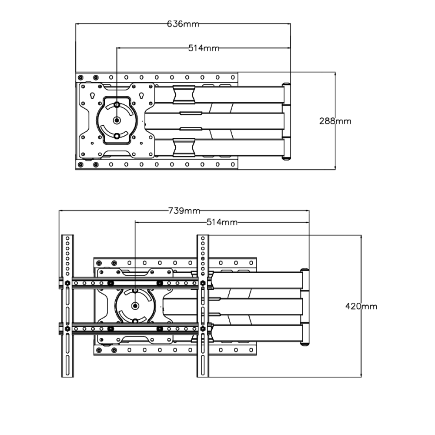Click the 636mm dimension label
coord(183,24)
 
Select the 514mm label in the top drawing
coord(204,48)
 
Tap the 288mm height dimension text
coord(335,121)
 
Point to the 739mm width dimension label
coord(184,211)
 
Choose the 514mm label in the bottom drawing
coord(222,222)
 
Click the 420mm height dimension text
coord(361,306)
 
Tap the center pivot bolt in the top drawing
coord(117,120)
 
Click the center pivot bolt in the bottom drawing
coord(135,306)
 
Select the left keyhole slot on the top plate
coord(92,96)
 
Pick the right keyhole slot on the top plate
coord(142,96)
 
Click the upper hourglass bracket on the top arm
coord(184,95)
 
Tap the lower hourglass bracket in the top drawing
coord(184,147)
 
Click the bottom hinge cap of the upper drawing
coord(286,158)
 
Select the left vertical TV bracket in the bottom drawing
coord(67,306)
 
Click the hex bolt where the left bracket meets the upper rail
coord(67,283)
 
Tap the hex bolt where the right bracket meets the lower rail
coord(203,329)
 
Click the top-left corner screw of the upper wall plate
coord(80,77)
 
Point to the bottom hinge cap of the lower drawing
coord(304,344)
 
